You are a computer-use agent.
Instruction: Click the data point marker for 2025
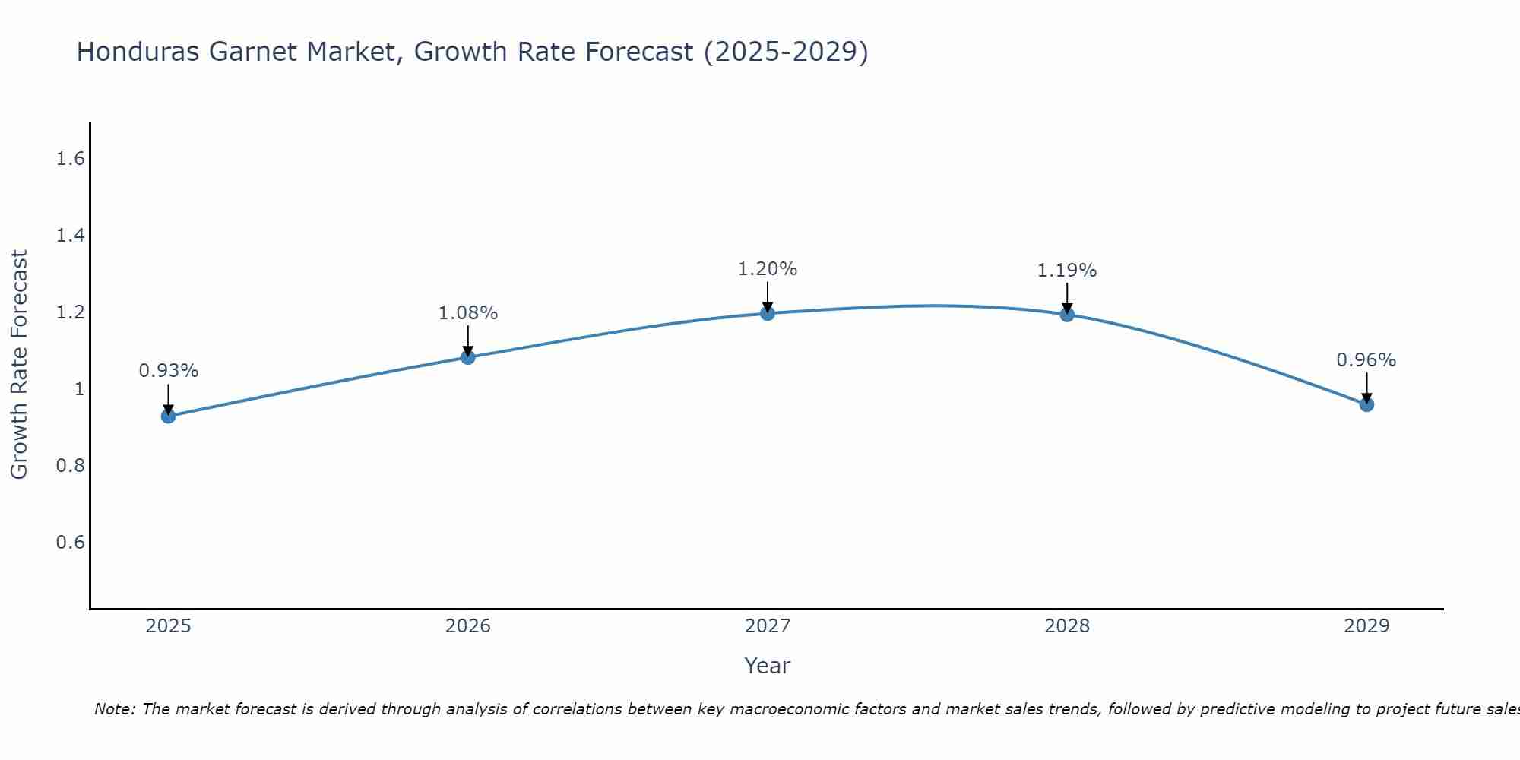tap(169, 416)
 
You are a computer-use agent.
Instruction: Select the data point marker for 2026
tap(468, 357)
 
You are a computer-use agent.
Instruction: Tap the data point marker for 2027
tap(768, 313)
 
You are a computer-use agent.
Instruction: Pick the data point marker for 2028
tap(1067, 315)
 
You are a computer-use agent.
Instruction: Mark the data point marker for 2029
tap(1366, 404)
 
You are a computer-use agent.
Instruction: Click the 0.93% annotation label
tap(169, 371)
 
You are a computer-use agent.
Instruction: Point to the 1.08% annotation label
tap(468, 313)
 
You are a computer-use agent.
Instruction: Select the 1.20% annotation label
tap(768, 269)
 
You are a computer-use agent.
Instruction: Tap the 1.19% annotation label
tap(1067, 271)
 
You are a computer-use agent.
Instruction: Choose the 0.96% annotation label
tap(1366, 360)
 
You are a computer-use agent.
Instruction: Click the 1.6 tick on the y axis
tap(70, 159)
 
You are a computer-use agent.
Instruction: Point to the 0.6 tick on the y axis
tap(70, 543)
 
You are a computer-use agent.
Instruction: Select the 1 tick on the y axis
tap(78, 389)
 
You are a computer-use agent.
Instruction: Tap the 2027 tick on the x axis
tap(768, 626)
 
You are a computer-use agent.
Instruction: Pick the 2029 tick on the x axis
tap(1366, 626)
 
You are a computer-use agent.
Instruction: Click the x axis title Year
tap(768, 666)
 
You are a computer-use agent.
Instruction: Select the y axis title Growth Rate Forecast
tap(19, 365)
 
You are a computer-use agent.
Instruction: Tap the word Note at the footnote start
tap(114, 709)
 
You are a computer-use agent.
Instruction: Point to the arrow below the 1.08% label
tap(468, 340)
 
